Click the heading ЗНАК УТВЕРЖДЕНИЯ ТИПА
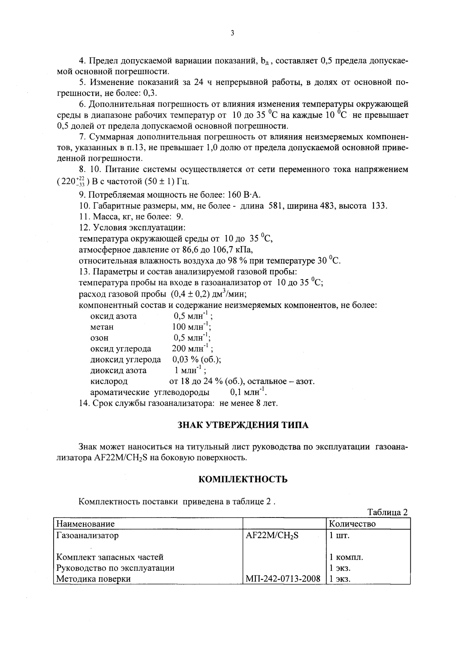click(243, 425)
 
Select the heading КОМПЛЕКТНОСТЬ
click(243, 479)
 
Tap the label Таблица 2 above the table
click(388, 512)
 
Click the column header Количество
click(352, 524)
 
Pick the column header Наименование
click(85, 524)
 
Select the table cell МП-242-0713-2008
click(283, 579)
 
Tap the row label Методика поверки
click(93, 579)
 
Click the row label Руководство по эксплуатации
click(115, 568)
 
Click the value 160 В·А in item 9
click(244, 195)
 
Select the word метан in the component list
click(102, 327)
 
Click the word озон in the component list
click(99, 338)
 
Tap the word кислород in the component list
click(109, 381)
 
